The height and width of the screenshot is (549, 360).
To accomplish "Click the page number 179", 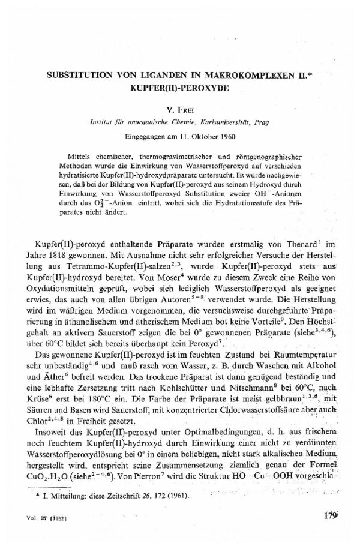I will coord(330,532).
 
